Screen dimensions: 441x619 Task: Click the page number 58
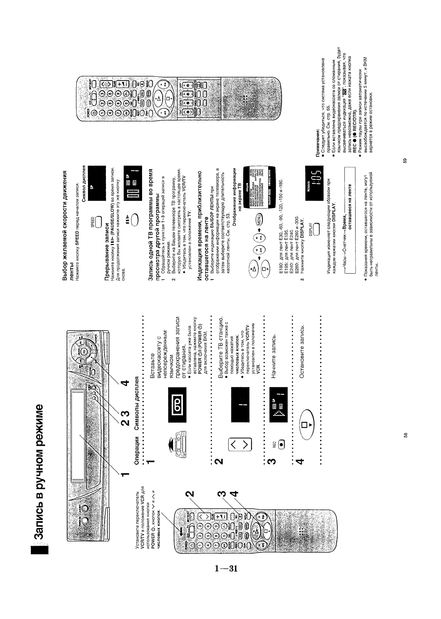405,435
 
